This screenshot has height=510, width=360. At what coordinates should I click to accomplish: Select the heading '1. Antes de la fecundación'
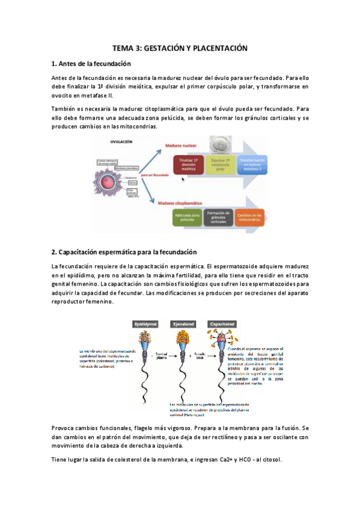coord(91,64)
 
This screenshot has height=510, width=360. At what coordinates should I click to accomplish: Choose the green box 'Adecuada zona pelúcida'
coord(186,217)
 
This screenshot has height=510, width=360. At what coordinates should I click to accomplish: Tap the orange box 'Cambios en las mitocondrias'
coord(249,217)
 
